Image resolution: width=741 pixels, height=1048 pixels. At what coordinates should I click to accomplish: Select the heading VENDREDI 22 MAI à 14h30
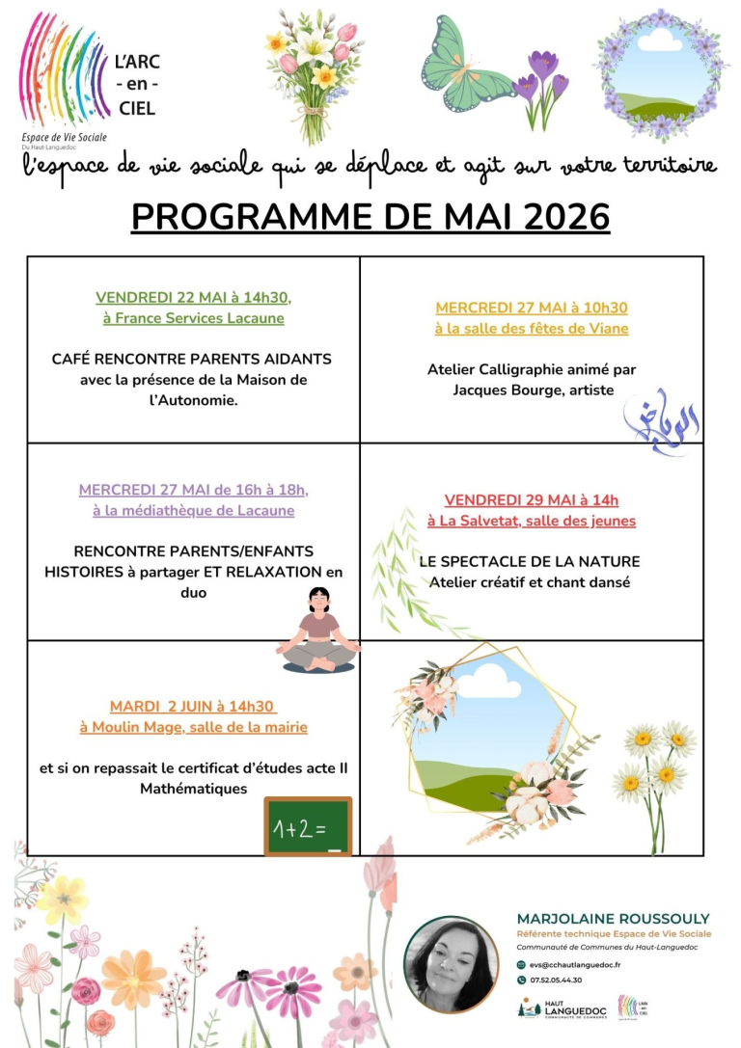coord(193,297)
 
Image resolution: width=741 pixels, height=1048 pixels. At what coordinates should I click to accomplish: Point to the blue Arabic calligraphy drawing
coord(667,416)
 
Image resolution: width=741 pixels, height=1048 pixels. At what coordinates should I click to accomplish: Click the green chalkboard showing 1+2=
coord(308,825)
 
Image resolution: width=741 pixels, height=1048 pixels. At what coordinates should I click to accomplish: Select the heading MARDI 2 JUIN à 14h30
coord(192,706)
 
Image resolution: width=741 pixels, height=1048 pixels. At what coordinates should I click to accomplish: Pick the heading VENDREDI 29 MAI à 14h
coord(532,499)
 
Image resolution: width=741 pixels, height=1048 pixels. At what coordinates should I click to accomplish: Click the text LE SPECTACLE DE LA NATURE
coord(530,561)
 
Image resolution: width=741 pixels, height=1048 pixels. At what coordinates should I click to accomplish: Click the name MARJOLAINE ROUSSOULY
coord(613,918)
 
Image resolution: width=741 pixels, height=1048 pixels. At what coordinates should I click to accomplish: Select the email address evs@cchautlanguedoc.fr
coord(575,964)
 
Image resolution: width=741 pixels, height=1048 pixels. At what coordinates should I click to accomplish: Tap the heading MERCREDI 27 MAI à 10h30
coord(532,308)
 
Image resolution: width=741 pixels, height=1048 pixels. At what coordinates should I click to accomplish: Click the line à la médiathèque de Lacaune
coord(193,510)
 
